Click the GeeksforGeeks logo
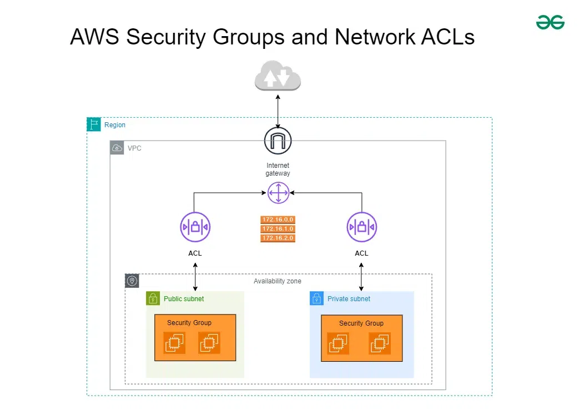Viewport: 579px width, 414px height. (x=550, y=22)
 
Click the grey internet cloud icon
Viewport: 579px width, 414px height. (x=278, y=76)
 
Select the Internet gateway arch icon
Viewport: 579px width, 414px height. (x=278, y=141)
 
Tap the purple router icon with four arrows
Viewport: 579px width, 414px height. (x=278, y=193)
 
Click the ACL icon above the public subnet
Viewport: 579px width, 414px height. (x=195, y=227)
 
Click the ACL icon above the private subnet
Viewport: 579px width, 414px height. (x=362, y=227)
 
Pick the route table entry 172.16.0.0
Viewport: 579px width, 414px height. (x=278, y=220)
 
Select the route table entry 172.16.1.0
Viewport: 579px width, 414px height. (x=278, y=229)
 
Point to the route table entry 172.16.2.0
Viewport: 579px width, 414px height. (x=278, y=238)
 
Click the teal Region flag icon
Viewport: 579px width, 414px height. (x=94, y=124)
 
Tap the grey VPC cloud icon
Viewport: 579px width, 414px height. (x=117, y=148)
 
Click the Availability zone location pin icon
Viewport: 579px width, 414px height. (x=132, y=281)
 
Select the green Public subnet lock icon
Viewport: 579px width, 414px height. (x=153, y=298)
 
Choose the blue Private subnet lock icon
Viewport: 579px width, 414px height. (x=316, y=298)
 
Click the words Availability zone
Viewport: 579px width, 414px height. (x=278, y=281)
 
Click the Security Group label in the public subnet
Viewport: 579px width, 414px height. (x=189, y=323)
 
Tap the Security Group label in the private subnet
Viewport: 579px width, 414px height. (x=361, y=323)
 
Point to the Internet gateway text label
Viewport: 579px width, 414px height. (x=278, y=169)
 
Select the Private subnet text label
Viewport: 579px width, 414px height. (x=349, y=298)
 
